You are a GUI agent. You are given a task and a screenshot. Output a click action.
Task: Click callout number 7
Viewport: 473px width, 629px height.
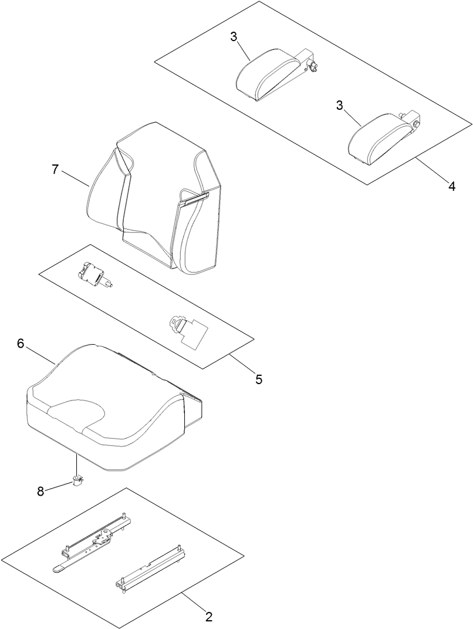55,170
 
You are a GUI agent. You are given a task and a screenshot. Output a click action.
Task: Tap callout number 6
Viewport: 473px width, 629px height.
21,344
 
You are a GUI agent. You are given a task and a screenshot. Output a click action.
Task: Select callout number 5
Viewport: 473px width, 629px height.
259,379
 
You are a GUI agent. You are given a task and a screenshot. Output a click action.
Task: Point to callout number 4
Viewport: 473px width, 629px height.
451,186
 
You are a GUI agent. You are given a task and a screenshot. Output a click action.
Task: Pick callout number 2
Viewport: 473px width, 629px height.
208,617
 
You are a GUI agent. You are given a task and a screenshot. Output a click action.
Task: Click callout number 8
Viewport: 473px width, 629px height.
40,492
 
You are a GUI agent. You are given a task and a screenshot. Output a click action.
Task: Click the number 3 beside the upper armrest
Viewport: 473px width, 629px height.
234,37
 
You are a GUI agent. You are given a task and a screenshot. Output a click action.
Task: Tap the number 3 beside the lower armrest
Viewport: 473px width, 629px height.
339,105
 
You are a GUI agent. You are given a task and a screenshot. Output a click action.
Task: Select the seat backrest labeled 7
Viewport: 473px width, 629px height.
158,200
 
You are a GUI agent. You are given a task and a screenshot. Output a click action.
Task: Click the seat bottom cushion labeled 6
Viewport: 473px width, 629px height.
106,411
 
